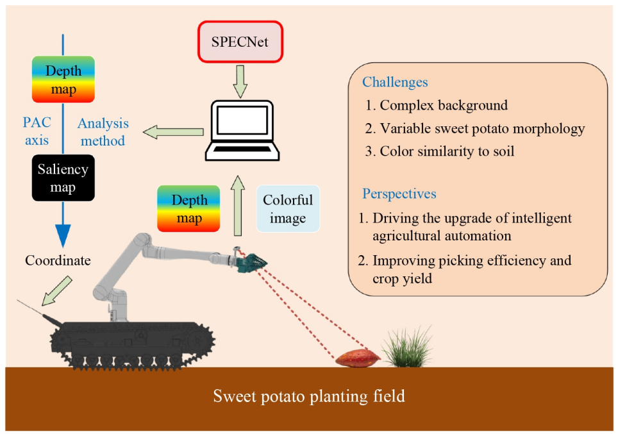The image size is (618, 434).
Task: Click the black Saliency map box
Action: (x=63, y=178)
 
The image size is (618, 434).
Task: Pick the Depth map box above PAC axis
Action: (x=63, y=79)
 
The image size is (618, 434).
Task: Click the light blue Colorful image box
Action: (x=287, y=208)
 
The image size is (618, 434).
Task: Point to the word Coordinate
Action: (x=58, y=260)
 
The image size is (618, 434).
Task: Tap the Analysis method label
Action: (x=103, y=131)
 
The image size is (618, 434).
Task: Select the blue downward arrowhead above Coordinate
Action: (x=62, y=233)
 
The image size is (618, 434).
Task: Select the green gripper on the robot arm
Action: (x=254, y=263)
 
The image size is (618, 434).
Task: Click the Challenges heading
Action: (x=395, y=82)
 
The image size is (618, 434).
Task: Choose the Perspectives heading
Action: (x=399, y=194)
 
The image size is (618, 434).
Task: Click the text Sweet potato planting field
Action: (x=309, y=396)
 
